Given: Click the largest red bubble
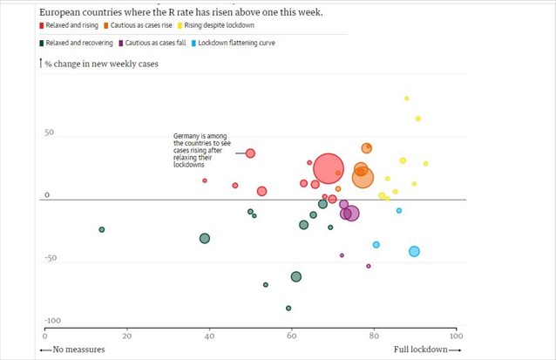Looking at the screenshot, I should (329, 169).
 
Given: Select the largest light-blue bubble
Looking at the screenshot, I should (414, 251).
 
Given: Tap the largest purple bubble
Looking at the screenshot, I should (351, 213).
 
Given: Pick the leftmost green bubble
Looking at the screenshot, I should (102, 230).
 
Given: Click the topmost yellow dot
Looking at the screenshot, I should (407, 98).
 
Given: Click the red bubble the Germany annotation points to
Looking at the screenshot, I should (250, 153).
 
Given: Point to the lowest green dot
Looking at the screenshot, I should (288, 309).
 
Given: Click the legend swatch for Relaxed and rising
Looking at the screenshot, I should (43, 26).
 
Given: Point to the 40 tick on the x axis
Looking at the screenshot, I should (208, 335).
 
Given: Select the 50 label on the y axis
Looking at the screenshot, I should (50, 133).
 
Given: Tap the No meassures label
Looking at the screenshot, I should (73, 350).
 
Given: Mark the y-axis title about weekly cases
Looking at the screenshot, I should (100, 64).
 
